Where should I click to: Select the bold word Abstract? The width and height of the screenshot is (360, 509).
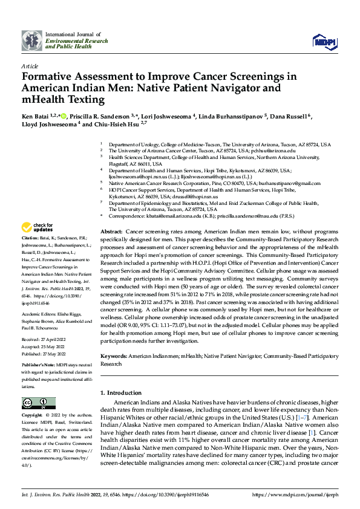coord(111,232)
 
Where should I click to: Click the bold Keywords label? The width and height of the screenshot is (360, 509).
coord(114,357)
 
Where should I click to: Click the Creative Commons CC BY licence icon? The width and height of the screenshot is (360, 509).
coord(34,403)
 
